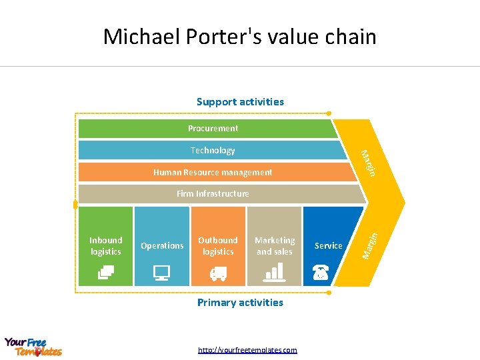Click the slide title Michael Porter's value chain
click(x=239, y=36)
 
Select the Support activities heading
click(x=240, y=102)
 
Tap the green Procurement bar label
click(x=213, y=128)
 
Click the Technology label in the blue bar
click(x=213, y=150)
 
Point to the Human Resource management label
click(x=213, y=172)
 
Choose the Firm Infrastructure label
click(x=213, y=193)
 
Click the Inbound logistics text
click(x=106, y=245)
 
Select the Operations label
click(x=162, y=245)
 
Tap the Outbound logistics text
click(x=218, y=245)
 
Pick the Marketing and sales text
click(x=275, y=245)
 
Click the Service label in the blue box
click(x=328, y=245)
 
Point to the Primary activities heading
click(x=240, y=302)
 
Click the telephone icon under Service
click(x=321, y=272)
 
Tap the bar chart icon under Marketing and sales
click(x=275, y=271)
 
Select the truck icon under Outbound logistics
click(x=218, y=273)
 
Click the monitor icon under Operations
click(x=162, y=272)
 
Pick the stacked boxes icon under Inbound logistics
click(x=106, y=272)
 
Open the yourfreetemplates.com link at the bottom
click(x=247, y=350)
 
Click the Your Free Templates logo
click(x=33, y=347)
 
